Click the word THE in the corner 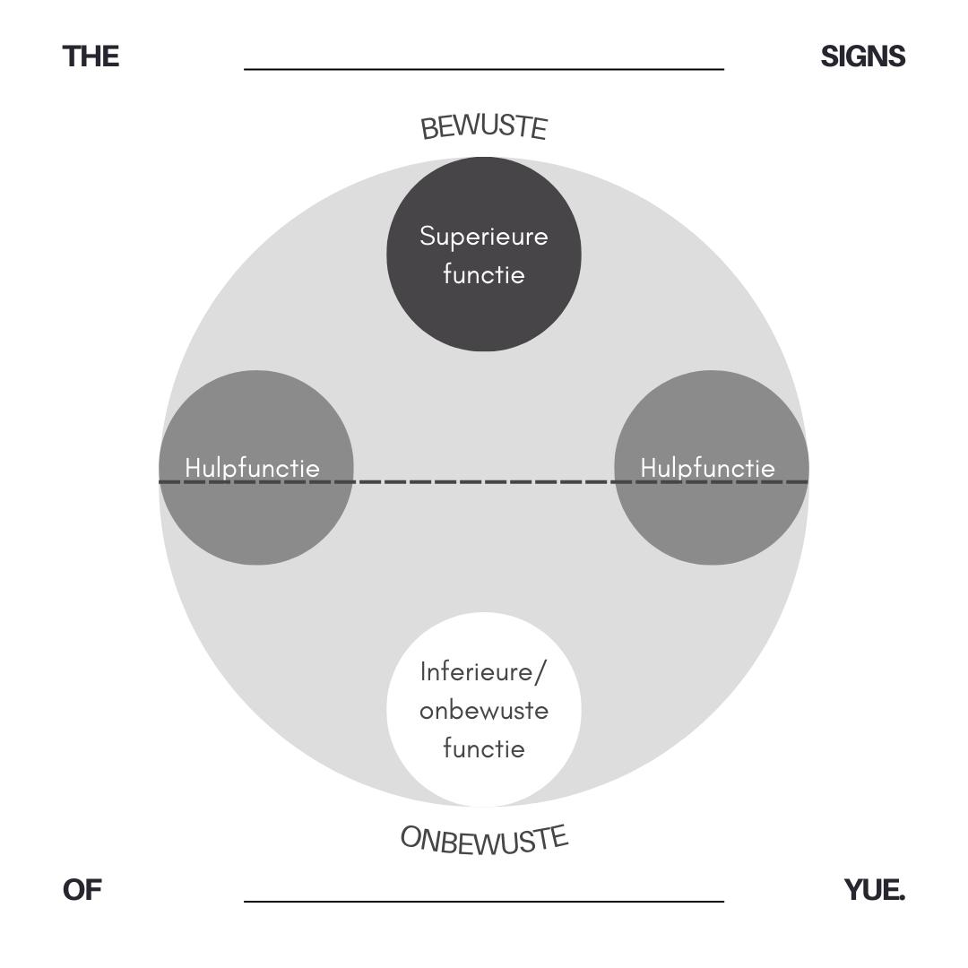click(91, 56)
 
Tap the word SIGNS click(862, 56)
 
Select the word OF click(82, 890)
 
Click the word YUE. click(874, 890)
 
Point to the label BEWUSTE click(484, 127)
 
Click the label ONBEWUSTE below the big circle click(484, 841)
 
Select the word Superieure click(484, 237)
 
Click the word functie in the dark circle click(484, 274)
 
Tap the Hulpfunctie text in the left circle click(252, 468)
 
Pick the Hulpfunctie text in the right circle click(707, 468)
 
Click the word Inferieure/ click(483, 671)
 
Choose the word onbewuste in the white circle click(484, 710)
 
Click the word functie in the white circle click(484, 748)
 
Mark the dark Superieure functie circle click(484, 314)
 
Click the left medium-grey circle click(256, 529)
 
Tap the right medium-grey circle click(712, 529)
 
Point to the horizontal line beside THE click(484, 69)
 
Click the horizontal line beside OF click(484, 902)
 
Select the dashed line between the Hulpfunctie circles click(484, 482)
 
